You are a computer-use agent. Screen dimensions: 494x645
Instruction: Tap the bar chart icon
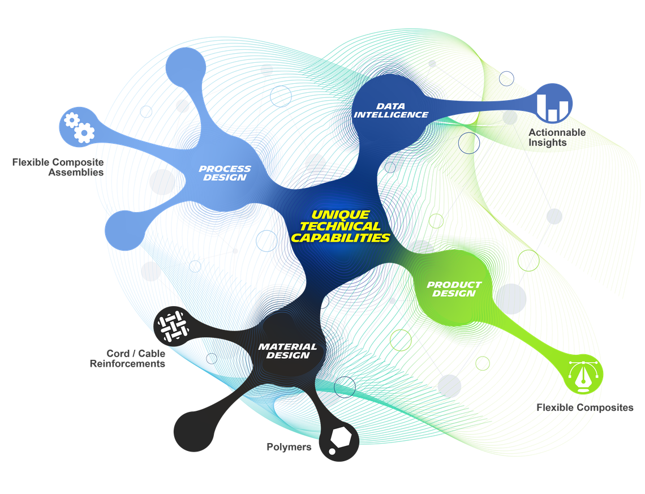(554, 103)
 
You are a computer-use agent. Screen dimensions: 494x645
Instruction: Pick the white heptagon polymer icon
(339, 441)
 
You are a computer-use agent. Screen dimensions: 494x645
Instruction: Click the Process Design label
(225, 173)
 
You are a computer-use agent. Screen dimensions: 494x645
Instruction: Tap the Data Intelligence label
(391, 110)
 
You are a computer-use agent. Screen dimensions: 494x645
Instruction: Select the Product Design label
(454, 289)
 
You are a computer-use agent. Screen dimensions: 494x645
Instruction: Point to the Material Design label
(287, 351)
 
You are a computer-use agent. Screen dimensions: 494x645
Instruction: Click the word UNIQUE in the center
(341, 215)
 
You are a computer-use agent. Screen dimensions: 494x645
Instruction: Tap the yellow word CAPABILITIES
(341, 238)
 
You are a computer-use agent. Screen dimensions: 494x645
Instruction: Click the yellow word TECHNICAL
(341, 226)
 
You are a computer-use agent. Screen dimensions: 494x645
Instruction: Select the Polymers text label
(289, 447)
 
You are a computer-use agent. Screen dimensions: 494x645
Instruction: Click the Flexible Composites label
(584, 407)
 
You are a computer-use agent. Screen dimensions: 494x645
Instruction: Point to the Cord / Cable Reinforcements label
(128, 359)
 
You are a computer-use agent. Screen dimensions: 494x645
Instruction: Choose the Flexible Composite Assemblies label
(58, 167)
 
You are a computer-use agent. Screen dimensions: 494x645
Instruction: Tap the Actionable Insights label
(557, 138)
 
